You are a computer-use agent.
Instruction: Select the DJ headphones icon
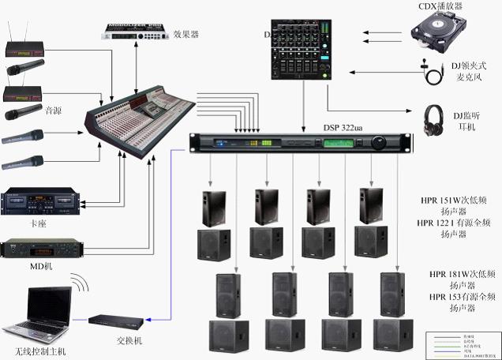pos(433,121)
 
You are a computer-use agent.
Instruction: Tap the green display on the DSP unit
pos(341,144)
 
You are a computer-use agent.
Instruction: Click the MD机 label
pos(41,266)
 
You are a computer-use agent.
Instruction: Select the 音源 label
pos(54,110)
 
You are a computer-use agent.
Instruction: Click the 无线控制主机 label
pos(35,351)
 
